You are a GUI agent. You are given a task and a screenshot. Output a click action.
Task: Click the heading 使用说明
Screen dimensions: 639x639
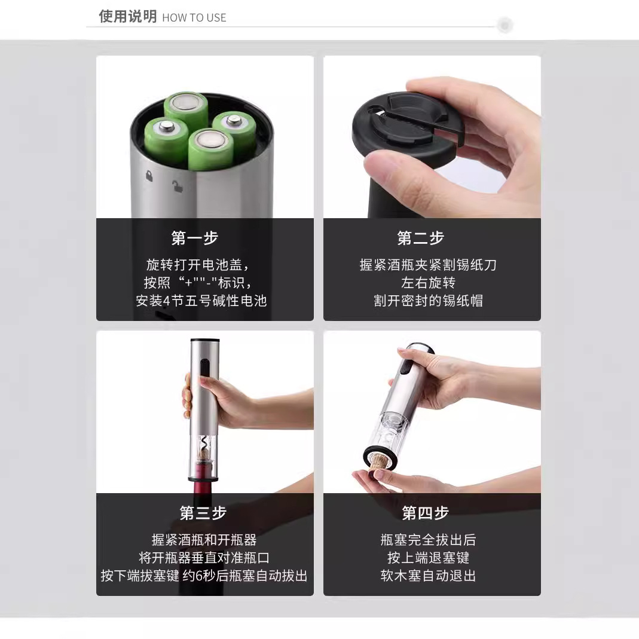127,17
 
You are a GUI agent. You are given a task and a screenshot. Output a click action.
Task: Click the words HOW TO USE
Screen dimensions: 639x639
194,18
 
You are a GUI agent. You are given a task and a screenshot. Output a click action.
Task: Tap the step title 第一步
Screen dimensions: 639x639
195,238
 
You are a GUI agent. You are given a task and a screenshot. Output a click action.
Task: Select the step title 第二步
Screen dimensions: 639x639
421,238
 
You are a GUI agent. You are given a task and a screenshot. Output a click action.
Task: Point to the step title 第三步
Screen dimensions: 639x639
203,513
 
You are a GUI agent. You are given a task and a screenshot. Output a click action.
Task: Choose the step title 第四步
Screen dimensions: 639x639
425,513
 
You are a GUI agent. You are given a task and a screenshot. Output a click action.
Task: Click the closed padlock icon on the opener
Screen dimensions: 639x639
148,176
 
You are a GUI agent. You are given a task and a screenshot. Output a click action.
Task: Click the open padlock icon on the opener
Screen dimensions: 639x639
177,185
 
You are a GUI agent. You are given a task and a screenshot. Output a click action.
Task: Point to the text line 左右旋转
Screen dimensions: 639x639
428,283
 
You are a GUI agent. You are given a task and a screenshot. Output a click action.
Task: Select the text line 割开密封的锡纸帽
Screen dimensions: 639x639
428,301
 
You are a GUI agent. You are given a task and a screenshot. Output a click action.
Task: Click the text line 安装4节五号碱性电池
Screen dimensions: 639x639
201,301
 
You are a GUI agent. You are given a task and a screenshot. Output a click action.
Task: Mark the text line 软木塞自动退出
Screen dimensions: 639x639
428,576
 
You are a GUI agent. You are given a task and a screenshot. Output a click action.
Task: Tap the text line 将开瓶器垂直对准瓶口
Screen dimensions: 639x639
204,558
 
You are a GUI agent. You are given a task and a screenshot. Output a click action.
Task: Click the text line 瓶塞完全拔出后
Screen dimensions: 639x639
428,540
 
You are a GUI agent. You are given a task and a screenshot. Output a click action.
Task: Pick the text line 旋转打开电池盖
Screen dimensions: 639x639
197,265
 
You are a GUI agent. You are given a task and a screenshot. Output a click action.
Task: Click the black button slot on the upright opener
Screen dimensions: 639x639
204,369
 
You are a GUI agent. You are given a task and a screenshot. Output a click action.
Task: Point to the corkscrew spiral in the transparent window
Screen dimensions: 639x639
204,445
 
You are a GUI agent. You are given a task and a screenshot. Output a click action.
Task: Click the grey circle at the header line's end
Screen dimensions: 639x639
505,26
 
